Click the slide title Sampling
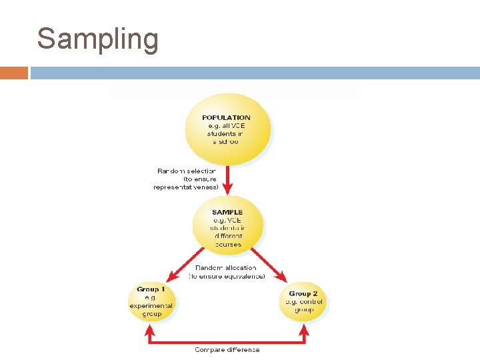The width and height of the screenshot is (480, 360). click(98, 39)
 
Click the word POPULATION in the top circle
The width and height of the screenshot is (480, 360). click(227, 118)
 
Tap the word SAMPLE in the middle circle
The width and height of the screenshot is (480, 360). click(227, 213)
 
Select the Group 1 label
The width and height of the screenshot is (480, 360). click(146, 289)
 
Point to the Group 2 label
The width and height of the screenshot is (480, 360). click(303, 293)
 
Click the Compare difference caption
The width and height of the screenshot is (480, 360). click(227, 349)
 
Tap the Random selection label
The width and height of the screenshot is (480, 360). click(186, 171)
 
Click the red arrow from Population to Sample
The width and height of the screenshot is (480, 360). click(227, 180)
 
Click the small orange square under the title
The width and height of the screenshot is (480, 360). click(14, 73)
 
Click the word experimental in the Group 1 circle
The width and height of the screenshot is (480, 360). click(151, 305)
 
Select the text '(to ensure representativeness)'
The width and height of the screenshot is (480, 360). click(186, 183)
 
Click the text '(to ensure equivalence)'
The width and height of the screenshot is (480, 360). click(227, 276)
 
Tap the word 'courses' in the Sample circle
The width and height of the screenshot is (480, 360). click(228, 245)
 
